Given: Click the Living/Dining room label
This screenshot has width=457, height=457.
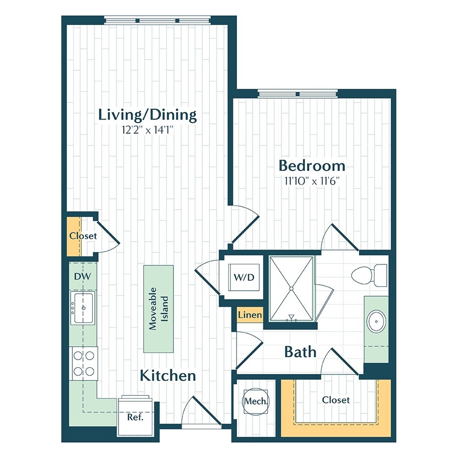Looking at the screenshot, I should (x=147, y=115).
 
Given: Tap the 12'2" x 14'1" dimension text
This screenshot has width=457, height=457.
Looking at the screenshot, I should (x=147, y=130).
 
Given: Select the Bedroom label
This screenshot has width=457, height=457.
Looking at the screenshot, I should (x=312, y=166).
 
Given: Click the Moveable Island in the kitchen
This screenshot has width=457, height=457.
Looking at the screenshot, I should (x=158, y=308).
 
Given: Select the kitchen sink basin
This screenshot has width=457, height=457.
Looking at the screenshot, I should (x=83, y=308).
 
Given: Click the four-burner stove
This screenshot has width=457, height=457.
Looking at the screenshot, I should (x=84, y=363).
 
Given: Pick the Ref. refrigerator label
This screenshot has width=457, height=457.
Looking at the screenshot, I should (x=135, y=418).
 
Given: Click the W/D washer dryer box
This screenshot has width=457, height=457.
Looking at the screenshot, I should (x=244, y=278).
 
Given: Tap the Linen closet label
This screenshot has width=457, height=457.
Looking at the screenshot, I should (x=249, y=315).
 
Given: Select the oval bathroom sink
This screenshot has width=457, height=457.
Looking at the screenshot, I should (x=376, y=322).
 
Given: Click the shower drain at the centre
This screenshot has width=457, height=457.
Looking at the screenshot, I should (x=291, y=288).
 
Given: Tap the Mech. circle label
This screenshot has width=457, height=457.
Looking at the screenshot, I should (x=256, y=401).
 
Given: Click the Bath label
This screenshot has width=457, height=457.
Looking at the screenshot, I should (x=300, y=352).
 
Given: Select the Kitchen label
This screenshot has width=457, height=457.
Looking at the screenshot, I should (x=168, y=375).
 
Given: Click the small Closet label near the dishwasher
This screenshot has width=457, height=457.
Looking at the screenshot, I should (x=83, y=236).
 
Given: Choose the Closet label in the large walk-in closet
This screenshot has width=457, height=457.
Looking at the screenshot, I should (x=336, y=400).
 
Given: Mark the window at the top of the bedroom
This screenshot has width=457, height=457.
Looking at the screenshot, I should (x=298, y=93).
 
